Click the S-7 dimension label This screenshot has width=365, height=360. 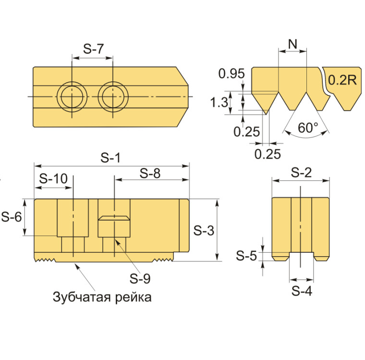click(x=93, y=49)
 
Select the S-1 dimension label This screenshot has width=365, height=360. click(x=110, y=158)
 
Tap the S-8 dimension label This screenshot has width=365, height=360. click(x=150, y=174)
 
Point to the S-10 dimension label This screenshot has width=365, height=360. click(x=53, y=179)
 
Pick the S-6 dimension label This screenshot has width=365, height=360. click(x=12, y=217)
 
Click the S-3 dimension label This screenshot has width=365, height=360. click(x=204, y=231)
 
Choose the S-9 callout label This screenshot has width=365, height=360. click(x=140, y=278)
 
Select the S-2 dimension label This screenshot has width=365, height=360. click(x=301, y=173)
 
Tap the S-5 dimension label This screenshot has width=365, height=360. click(x=246, y=256)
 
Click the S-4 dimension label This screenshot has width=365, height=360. click(x=302, y=291)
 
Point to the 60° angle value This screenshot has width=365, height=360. click(x=308, y=128)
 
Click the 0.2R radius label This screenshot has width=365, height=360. click(x=342, y=80)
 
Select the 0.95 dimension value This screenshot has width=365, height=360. click(x=231, y=74)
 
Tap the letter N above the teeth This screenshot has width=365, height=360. click(x=292, y=44)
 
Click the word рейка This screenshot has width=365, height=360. click(x=133, y=298)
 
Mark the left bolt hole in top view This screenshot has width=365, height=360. click(x=72, y=97)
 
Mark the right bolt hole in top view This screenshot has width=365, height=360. click(x=113, y=97)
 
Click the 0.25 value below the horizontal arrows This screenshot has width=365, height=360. click(x=268, y=154)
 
